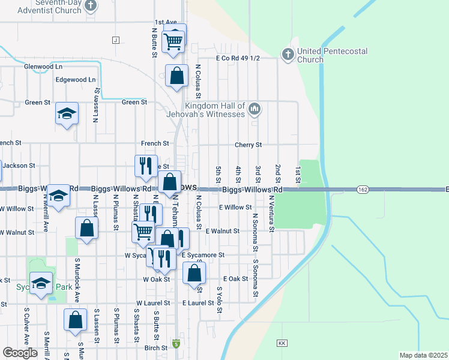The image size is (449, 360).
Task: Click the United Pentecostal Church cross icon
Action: (288, 55)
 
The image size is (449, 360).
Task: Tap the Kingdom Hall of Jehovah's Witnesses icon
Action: (255, 109)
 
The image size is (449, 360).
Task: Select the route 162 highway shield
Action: (362, 190)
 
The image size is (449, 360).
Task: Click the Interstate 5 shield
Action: (176, 344)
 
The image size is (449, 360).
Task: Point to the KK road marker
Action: (282, 343)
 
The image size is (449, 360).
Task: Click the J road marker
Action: (115, 40)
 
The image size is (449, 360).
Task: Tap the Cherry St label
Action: (249, 145)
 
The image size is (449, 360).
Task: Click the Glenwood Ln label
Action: (43, 67)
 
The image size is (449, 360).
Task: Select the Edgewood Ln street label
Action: (75, 79)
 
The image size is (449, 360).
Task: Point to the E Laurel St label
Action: (198, 303)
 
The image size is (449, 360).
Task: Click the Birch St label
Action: (155, 347)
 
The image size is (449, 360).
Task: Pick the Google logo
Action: (20, 353)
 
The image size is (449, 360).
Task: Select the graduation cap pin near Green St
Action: (67, 113)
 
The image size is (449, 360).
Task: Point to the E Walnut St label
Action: (223, 231)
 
